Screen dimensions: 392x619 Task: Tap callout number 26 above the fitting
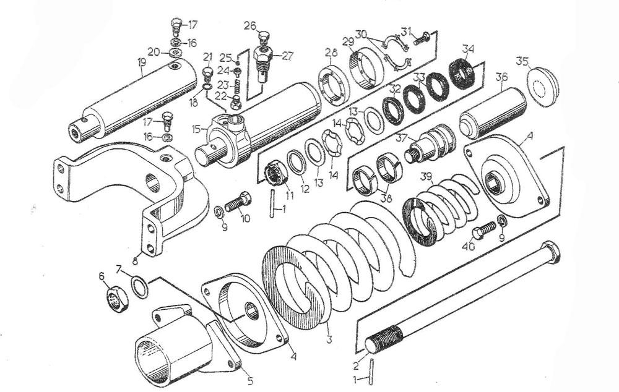[x=249, y=25]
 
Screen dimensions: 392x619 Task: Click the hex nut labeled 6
[x=115, y=300]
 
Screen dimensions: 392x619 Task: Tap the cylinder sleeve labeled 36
[x=493, y=112]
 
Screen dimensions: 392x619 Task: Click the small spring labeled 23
[x=235, y=84]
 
